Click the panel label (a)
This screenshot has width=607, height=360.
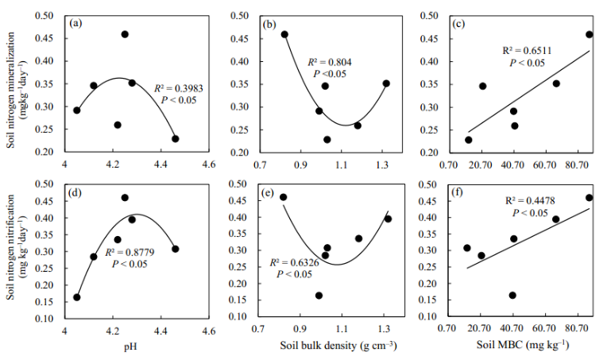(x=77, y=23)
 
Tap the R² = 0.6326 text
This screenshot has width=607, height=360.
(x=295, y=262)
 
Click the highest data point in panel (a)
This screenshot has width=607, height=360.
(x=125, y=34)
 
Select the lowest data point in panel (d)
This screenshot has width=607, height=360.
(x=77, y=297)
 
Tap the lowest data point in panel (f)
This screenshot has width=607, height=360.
(x=512, y=295)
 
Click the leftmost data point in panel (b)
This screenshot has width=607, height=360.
(x=284, y=34)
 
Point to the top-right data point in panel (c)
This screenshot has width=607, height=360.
(x=589, y=34)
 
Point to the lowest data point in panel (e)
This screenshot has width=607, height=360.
(x=319, y=295)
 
